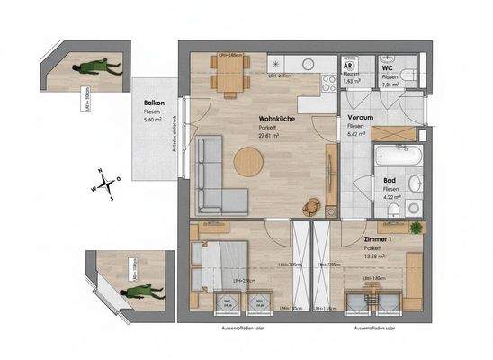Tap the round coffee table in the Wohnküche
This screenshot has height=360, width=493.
pos(248,163)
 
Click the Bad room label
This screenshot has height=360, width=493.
pos(378,183)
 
